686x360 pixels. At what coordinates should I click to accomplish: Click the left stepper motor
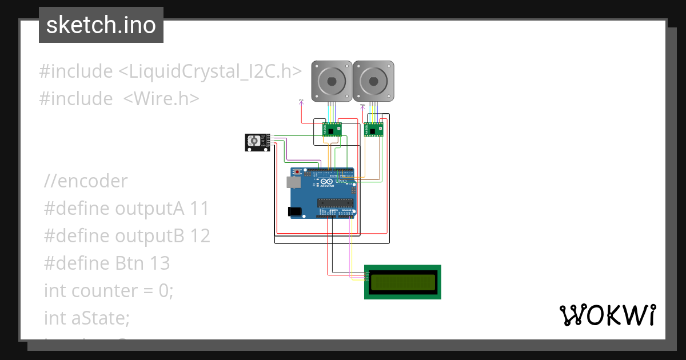click(x=331, y=81)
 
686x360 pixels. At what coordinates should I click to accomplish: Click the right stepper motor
click(x=373, y=81)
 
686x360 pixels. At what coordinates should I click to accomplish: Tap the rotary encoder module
click(x=256, y=142)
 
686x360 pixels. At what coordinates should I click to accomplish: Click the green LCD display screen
click(x=402, y=282)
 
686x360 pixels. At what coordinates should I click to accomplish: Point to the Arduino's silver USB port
click(x=293, y=182)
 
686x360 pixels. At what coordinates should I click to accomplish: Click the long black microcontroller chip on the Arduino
click(x=337, y=201)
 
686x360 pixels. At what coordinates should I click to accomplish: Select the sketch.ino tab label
click(x=101, y=25)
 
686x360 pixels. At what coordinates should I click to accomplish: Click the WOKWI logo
click(x=607, y=315)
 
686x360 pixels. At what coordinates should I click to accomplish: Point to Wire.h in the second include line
click(x=161, y=99)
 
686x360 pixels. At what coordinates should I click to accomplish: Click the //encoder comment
click(x=86, y=181)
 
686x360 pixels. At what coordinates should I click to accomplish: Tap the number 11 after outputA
click(x=200, y=209)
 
